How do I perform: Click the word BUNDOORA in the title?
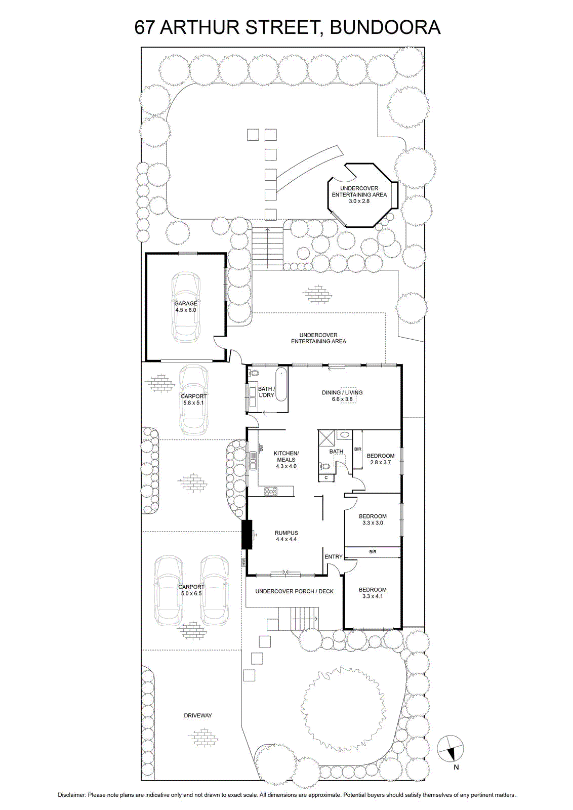(x=385, y=27)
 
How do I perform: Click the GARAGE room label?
(x=186, y=303)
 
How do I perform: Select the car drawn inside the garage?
(x=186, y=307)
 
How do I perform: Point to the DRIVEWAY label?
(x=198, y=715)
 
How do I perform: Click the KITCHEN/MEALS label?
(x=286, y=456)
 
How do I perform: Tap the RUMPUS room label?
(x=286, y=533)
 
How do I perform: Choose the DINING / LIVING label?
(x=342, y=392)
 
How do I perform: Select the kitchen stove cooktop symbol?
(x=271, y=491)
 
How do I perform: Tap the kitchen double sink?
(x=253, y=460)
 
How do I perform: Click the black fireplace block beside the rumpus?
(x=247, y=534)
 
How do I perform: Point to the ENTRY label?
(x=333, y=556)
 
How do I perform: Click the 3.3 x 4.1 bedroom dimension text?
(x=373, y=596)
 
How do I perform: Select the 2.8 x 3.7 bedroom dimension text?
(x=380, y=462)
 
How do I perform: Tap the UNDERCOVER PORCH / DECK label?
(x=294, y=591)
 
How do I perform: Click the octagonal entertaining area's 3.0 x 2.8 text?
(x=359, y=201)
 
